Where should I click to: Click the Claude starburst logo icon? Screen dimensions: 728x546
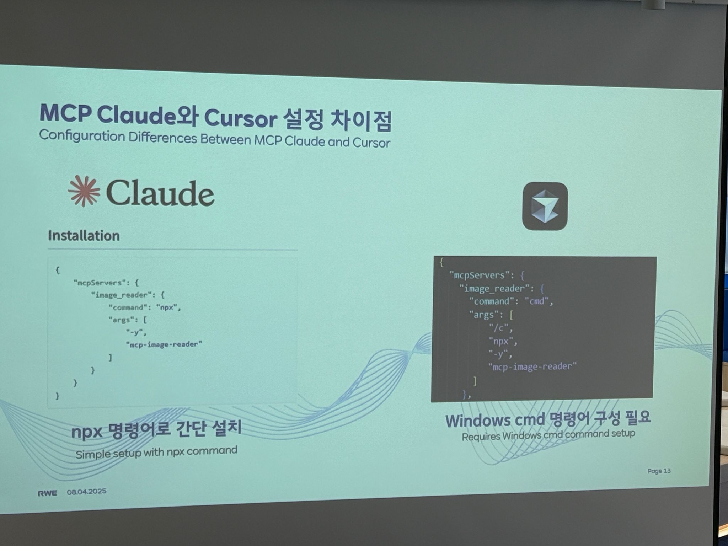(x=84, y=191)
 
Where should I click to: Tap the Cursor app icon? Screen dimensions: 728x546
(x=545, y=206)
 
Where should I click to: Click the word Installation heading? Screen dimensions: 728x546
(x=84, y=236)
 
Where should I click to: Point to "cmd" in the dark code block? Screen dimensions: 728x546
(x=537, y=301)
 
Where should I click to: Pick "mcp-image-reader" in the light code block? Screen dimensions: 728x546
(x=164, y=344)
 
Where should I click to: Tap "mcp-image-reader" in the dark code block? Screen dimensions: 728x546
(x=532, y=366)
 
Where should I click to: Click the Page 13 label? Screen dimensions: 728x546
(x=659, y=471)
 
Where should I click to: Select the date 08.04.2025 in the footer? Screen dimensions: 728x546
(x=87, y=492)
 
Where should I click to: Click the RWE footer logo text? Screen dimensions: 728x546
(x=47, y=493)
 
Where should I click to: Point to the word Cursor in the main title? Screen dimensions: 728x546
(x=240, y=118)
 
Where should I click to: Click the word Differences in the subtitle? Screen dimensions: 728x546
(x=163, y=138)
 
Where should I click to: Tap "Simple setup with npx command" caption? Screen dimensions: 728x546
(x=156, y=453)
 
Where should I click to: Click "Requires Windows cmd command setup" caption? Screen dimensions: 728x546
(x=548, y=435)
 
